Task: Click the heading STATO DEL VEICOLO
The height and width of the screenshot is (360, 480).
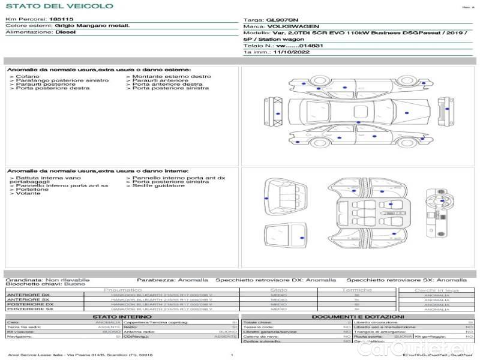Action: coord(59,6)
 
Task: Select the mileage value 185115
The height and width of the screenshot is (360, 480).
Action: coord(61,20)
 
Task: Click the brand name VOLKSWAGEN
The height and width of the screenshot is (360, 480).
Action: coord(290,27)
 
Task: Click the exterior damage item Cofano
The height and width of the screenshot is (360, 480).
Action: coord(28,77)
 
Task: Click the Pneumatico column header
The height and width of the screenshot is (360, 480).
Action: coord(122,290)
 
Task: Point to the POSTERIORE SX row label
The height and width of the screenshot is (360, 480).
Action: coord(29,309)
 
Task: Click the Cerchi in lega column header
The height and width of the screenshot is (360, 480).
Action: coord(436,290)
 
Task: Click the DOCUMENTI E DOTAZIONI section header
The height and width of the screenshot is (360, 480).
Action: coord(358,316)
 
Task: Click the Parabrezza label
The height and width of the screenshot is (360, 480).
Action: coord(155,280)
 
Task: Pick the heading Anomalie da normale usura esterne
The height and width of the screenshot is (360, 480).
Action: coord(98,70)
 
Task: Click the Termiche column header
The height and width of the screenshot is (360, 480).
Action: coord(356,290)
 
